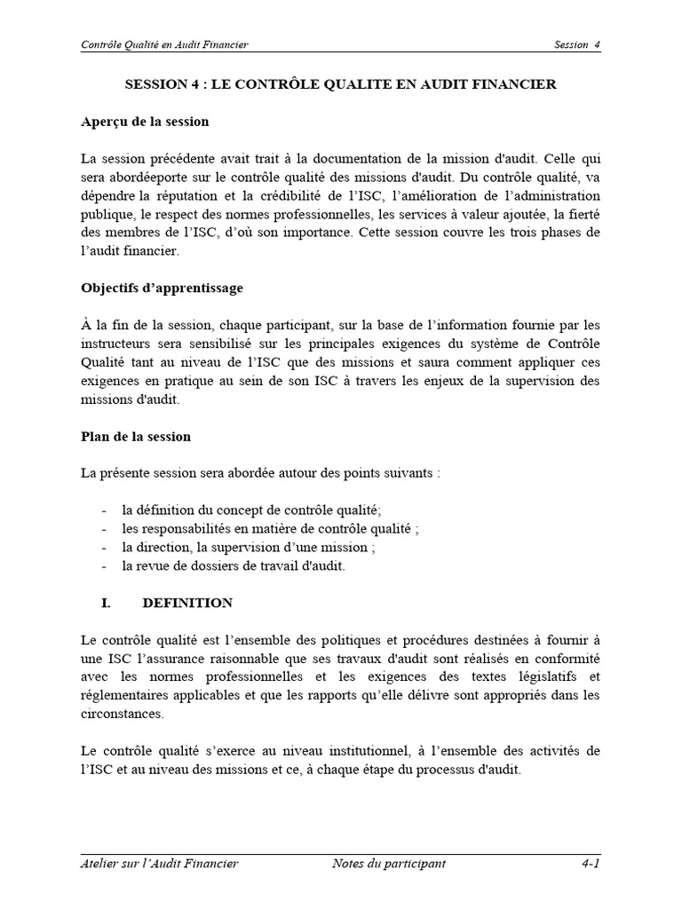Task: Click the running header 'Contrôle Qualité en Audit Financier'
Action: tap(164, 45)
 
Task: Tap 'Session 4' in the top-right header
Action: tap(576, 45)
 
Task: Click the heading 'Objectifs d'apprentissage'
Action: tap(162, 289)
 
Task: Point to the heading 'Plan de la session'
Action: tap(135, 437)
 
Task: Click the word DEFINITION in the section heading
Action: tap(187, 603)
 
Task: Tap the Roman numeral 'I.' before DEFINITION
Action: tap(106, 603)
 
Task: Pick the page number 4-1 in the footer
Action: tap(590, 863)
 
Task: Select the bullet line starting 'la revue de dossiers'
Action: tap(233, 565)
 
